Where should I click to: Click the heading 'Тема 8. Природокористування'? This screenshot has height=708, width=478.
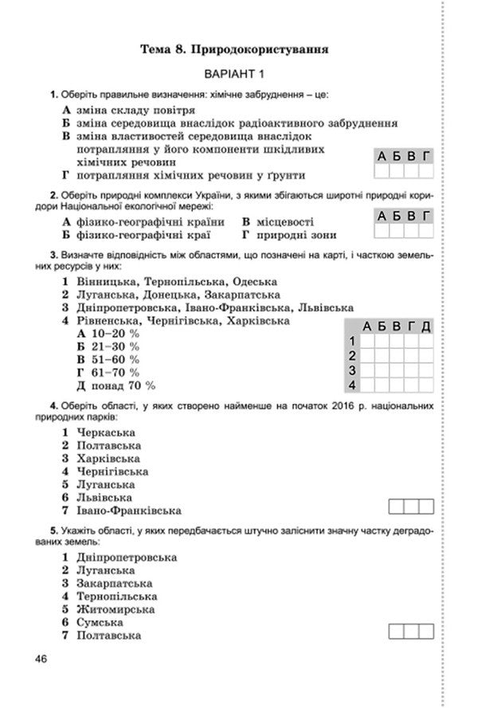[x=235, y=49]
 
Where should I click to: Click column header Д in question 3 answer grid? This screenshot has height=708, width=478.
[x=425, y=327]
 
